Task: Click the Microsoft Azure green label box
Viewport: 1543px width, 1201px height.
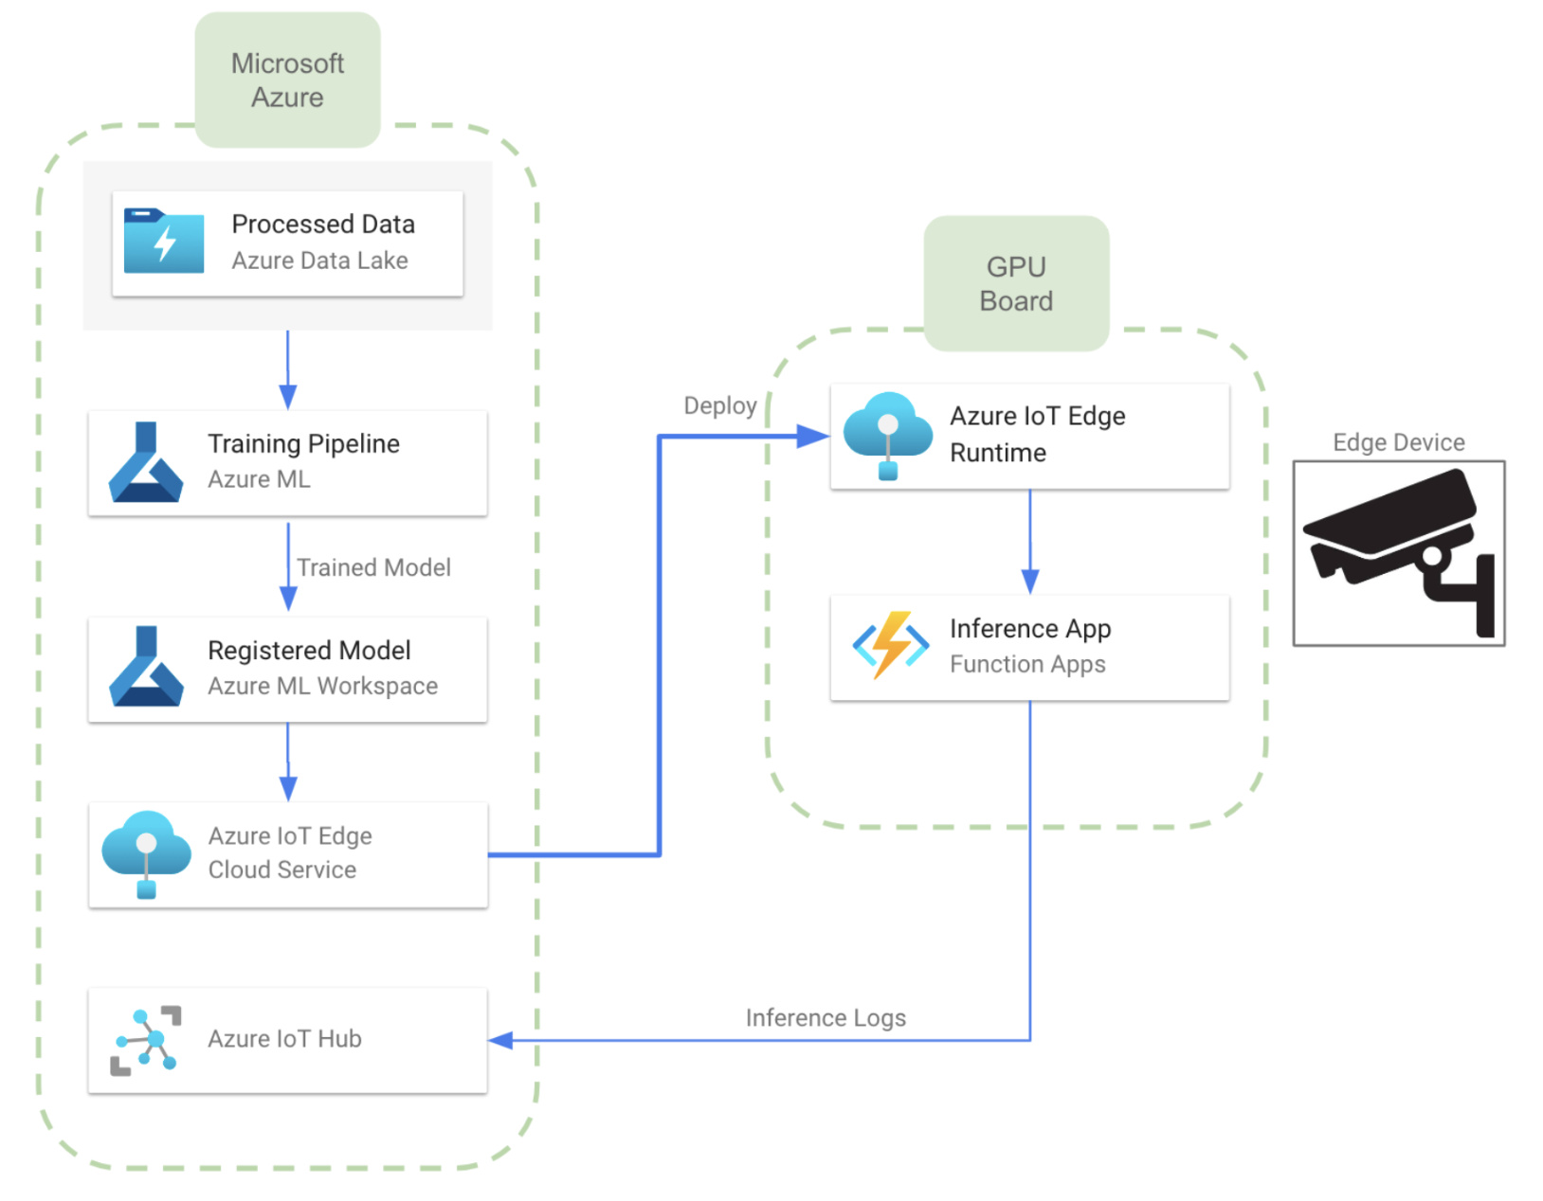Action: coord(287,81)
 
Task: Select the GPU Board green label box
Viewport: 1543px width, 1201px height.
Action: coord(1016,283)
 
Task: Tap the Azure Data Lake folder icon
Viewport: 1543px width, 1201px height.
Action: coord(164,242)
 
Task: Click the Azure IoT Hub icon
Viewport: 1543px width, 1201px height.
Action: coord(146,1040)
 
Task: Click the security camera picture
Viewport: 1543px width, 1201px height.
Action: coord(1398,553)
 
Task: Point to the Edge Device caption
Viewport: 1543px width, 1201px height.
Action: coord(1398,442)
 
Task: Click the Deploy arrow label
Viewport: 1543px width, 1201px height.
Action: coord(720,406)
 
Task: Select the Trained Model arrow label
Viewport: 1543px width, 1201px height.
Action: coord(373,567)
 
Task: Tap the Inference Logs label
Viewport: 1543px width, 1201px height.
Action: coord(826,1018)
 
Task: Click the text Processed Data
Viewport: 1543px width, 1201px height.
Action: coord(323,224)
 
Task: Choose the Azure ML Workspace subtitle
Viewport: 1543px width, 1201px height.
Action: coord(322,686)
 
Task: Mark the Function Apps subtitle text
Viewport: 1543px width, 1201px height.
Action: coord(1027,664)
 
